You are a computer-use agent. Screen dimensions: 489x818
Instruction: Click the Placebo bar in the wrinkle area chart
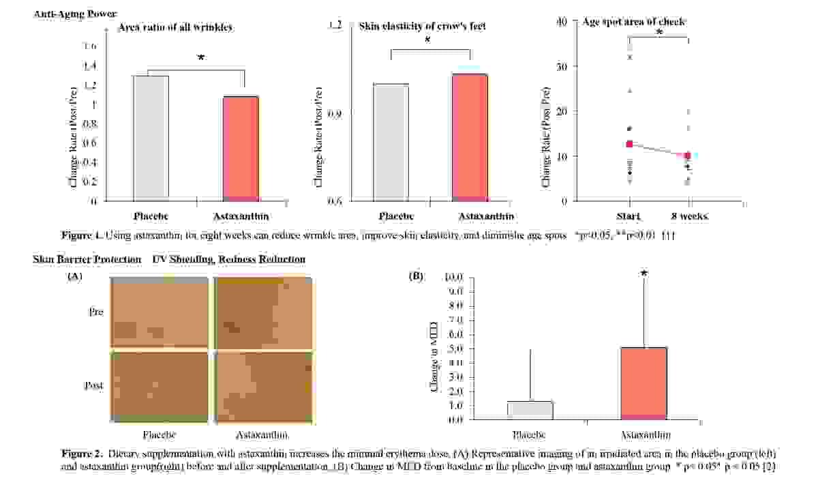(151, 138)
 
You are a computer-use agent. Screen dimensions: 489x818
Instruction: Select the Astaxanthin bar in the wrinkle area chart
(241, 148)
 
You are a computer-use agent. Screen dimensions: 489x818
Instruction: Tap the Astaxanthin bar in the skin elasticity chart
(470, 137)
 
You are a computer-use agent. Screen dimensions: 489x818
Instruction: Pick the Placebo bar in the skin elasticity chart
(391, 142)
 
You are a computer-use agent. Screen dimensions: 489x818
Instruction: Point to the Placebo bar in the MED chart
(530, 410)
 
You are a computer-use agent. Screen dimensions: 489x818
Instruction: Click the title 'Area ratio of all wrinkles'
(176, 28)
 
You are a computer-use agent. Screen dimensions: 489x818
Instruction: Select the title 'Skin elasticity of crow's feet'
(423, 27)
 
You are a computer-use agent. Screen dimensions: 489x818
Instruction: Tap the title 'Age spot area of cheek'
(634, 22)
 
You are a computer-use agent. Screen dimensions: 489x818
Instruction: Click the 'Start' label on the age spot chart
(629, 216)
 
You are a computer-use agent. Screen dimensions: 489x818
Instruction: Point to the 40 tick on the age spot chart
(562, 22)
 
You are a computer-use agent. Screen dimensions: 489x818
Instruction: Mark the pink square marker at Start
(629, 144)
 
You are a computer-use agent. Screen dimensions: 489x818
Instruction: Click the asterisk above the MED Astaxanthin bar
(643, 274)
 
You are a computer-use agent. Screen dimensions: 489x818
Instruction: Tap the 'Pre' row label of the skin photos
(96, 312)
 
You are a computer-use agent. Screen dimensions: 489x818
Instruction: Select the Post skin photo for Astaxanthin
(263, 383)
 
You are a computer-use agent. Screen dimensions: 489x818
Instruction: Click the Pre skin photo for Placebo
(159, 312)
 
